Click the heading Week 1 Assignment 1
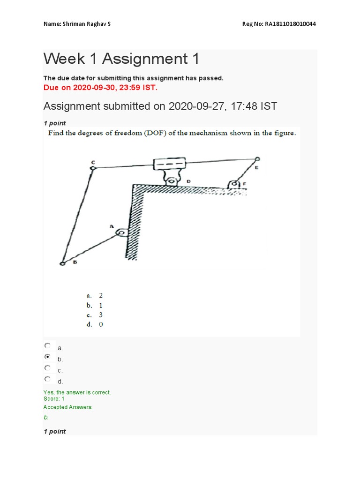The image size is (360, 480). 121,59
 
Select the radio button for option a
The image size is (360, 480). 47,346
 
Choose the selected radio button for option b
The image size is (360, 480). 47,357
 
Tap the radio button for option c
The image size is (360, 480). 47,368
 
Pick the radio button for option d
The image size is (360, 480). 47,379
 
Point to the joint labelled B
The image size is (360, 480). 62,264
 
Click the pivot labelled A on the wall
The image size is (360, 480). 121,232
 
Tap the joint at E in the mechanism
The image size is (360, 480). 257,159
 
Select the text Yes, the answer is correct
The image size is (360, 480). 77,392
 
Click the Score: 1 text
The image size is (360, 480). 54,398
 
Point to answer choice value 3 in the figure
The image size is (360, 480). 101,315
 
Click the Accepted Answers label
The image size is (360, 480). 68,407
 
